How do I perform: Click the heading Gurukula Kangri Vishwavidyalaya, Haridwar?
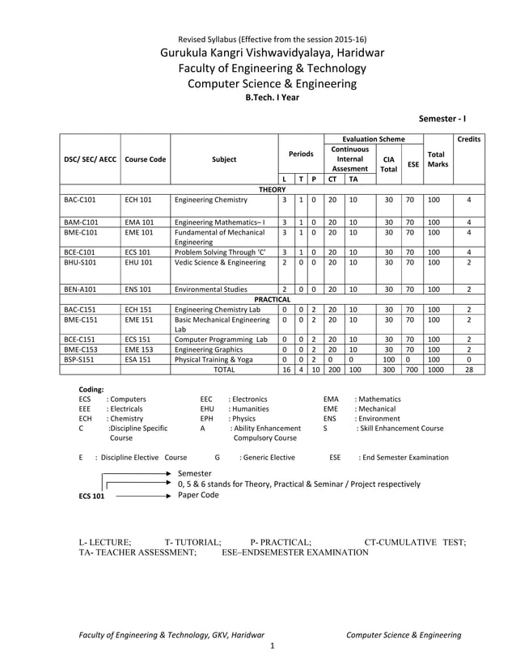coord(272,53)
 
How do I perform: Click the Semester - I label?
coord(449,118)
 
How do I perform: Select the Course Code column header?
coord(145,159)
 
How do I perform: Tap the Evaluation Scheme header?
coord(373,139)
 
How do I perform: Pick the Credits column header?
coord(468,139)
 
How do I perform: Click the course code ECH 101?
coord(138,198)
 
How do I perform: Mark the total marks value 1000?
coord(436,369)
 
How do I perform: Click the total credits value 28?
coord(468,369)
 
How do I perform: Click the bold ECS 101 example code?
coord(91,496)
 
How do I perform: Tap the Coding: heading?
coord(91,389)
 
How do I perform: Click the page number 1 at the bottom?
coord(273,645)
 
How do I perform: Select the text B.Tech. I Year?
coord(272,96)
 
